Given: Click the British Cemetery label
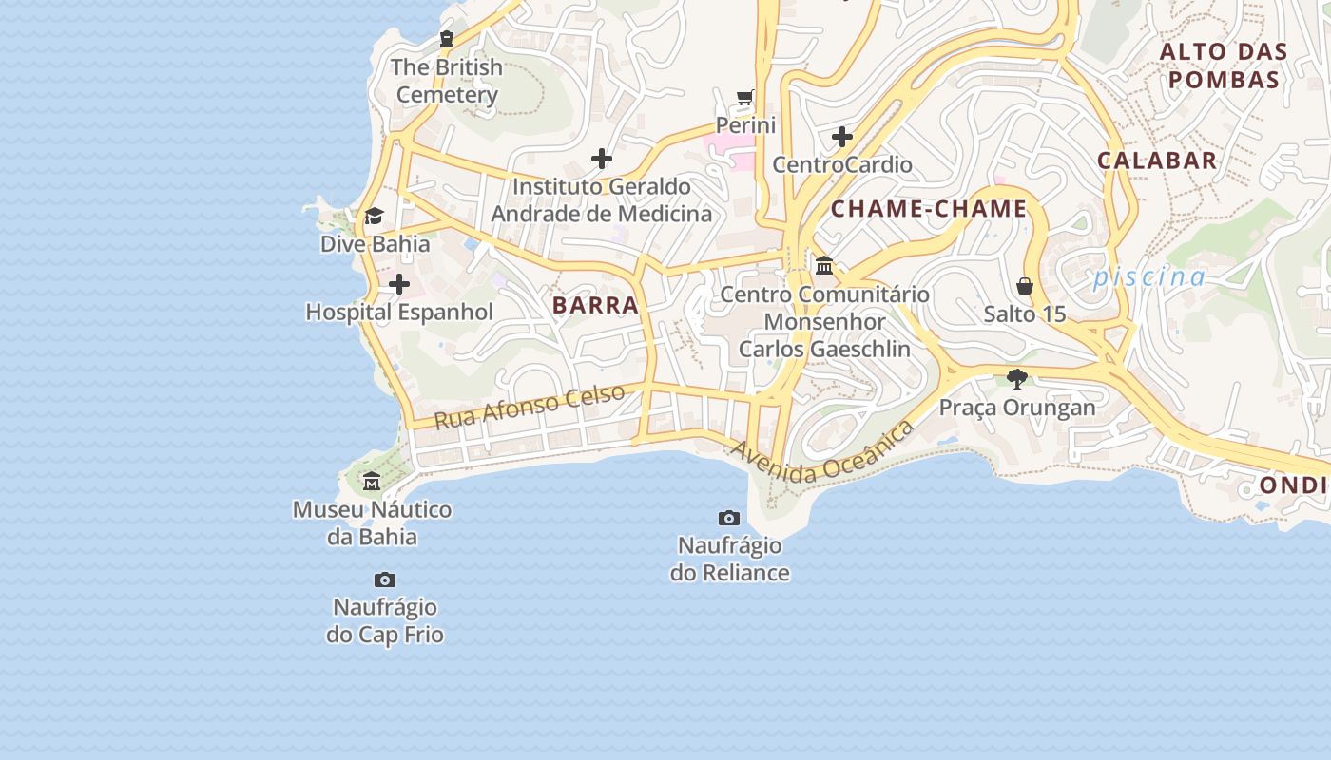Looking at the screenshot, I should [x=447, y=81].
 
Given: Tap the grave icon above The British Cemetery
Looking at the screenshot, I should [x=447, y=39].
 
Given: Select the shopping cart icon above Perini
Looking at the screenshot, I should [x=745, y=98].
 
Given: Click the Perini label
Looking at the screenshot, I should [x=745, y=125].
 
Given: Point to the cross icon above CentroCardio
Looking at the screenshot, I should [x=841, y=137].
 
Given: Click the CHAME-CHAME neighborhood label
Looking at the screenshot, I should [x=929, y=209].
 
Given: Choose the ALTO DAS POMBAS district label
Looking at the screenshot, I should [x=1224, y=66].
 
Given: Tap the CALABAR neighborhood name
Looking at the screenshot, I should [x=1157, y=161].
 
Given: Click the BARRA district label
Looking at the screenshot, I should [x=595, y=305].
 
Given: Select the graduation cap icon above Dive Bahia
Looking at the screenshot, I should [x=374, y=217].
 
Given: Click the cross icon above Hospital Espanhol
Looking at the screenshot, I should [x=399, y=284].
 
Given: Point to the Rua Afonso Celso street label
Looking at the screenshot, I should [x=530, y=406].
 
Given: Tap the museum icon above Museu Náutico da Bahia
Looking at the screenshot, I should [x=372, y=482].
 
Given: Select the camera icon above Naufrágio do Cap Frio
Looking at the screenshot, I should [x=385, y=579].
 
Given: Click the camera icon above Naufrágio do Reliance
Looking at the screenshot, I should [x=729, y=518].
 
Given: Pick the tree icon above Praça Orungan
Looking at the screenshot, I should [x=1017, y=379].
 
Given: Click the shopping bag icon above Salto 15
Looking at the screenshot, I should [x=1025, y=286].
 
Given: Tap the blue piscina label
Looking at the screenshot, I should [x=1148, y=277].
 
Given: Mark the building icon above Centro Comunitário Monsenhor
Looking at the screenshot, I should [x=824, y=266].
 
